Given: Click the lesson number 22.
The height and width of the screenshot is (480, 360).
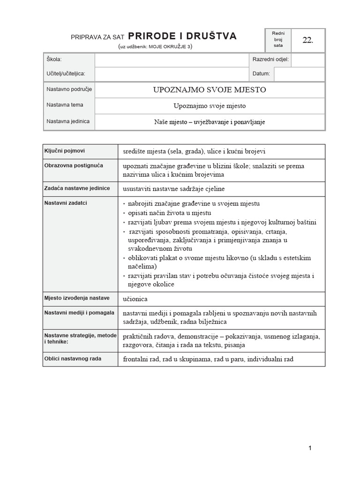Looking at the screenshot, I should tap(307, 40).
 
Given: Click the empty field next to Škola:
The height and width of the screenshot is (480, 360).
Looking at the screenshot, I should tap(171, 60).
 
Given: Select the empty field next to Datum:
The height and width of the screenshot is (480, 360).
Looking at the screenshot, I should tap(299, 74).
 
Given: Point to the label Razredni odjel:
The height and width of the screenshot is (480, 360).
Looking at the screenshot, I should tap(270, 60).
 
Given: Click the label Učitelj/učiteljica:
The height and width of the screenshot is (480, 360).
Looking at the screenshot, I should tap(69, 74).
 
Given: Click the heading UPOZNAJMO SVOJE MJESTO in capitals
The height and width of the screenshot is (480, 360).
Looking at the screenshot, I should tap(210, 90).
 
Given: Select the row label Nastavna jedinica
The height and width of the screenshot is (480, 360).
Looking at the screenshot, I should tap(68, 121).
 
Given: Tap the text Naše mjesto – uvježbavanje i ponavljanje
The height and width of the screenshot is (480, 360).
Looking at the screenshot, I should tap(210, 122).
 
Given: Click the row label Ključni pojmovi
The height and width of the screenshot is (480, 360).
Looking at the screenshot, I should tap(65, 151).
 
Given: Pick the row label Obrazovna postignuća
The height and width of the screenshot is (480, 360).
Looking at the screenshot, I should tap(74, 165).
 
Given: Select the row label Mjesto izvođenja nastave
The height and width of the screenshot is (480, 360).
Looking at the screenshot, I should tap(77, 298).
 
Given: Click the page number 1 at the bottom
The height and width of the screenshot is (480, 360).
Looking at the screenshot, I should tap(310, 448).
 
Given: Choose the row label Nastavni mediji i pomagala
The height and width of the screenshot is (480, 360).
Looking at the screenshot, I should tap(79, 312).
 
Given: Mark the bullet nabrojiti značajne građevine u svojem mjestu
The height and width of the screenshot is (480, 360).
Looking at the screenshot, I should tap(191, 203).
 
